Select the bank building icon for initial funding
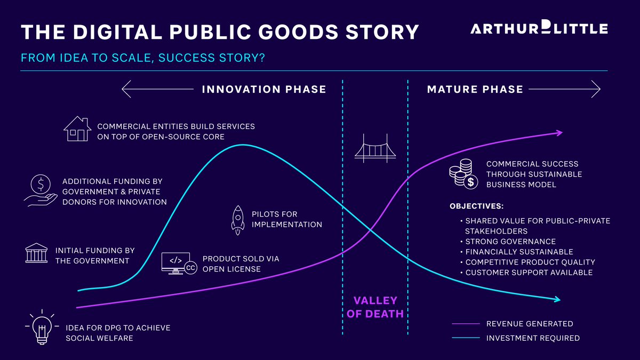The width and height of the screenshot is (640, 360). tap(36, 253)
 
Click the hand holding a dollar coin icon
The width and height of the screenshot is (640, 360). tap(40, 190)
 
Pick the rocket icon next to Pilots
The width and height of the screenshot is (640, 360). tap(238, 220)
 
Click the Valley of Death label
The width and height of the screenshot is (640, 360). tap(375, 307)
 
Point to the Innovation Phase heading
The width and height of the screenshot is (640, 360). tap(264, 90)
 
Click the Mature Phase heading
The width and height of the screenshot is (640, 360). tap(475, 90)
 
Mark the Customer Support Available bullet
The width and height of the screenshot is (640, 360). tap(529, 273)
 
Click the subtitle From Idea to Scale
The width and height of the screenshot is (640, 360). tap(143, 58)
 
